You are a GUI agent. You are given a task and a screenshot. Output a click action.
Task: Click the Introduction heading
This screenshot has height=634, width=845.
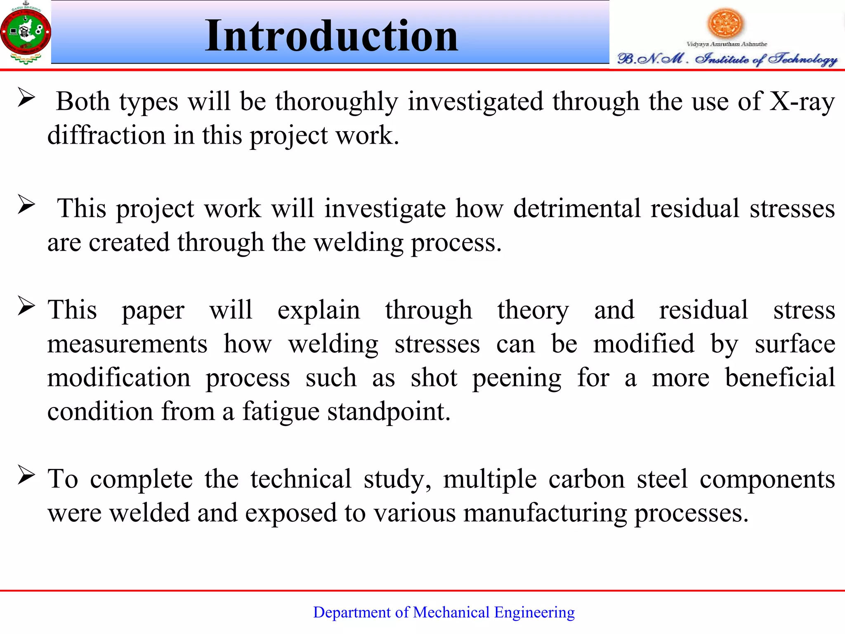[331, 36]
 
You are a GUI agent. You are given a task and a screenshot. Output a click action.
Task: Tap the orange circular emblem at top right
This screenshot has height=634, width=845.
[725, 23]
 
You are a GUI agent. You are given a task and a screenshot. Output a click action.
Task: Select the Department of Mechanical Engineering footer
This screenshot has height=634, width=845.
[444, 612]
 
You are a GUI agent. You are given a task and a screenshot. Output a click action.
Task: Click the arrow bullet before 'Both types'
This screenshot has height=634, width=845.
[26, 98]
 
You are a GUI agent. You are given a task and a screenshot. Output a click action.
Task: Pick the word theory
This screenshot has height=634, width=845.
[533, 310]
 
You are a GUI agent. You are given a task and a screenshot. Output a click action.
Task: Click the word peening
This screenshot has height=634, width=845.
[517, 378]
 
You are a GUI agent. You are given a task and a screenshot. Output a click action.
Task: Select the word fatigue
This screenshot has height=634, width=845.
[281, 412]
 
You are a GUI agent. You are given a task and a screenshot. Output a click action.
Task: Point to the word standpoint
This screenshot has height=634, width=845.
[389, 412]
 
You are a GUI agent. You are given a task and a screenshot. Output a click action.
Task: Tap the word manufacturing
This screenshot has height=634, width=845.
[545, 513]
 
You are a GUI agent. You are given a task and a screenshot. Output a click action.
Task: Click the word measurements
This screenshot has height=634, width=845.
[127, 344]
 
